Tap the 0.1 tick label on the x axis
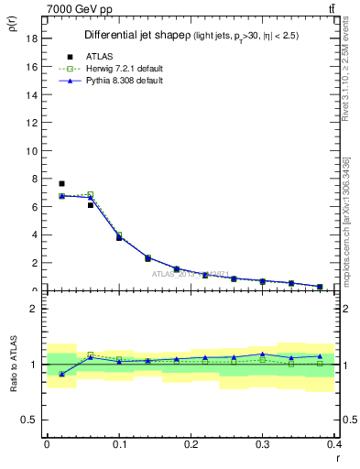[119, 444]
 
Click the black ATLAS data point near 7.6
[61, 183]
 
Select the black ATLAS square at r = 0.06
[90, 205]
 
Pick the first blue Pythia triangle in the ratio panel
[61, 374]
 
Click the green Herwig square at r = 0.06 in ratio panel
[90, 354]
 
